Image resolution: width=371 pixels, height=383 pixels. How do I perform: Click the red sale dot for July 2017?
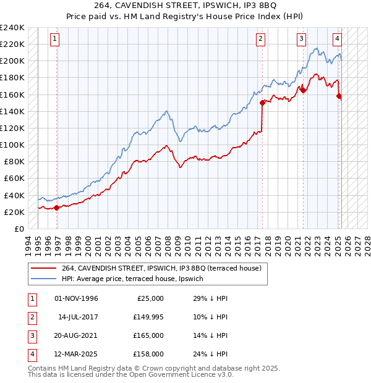pyautogui.click(x=262, y=103)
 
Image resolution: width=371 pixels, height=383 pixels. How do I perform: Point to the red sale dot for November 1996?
pyautogui.click(x=57, y=208)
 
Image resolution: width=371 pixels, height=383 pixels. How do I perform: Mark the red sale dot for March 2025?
pyautogui.click(x=339, y=96)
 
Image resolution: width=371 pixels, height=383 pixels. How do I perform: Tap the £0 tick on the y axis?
pyautogui.click(x=19, y=229)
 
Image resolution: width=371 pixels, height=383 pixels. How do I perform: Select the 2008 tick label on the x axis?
pyautogui.click(x=168, y=245)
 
